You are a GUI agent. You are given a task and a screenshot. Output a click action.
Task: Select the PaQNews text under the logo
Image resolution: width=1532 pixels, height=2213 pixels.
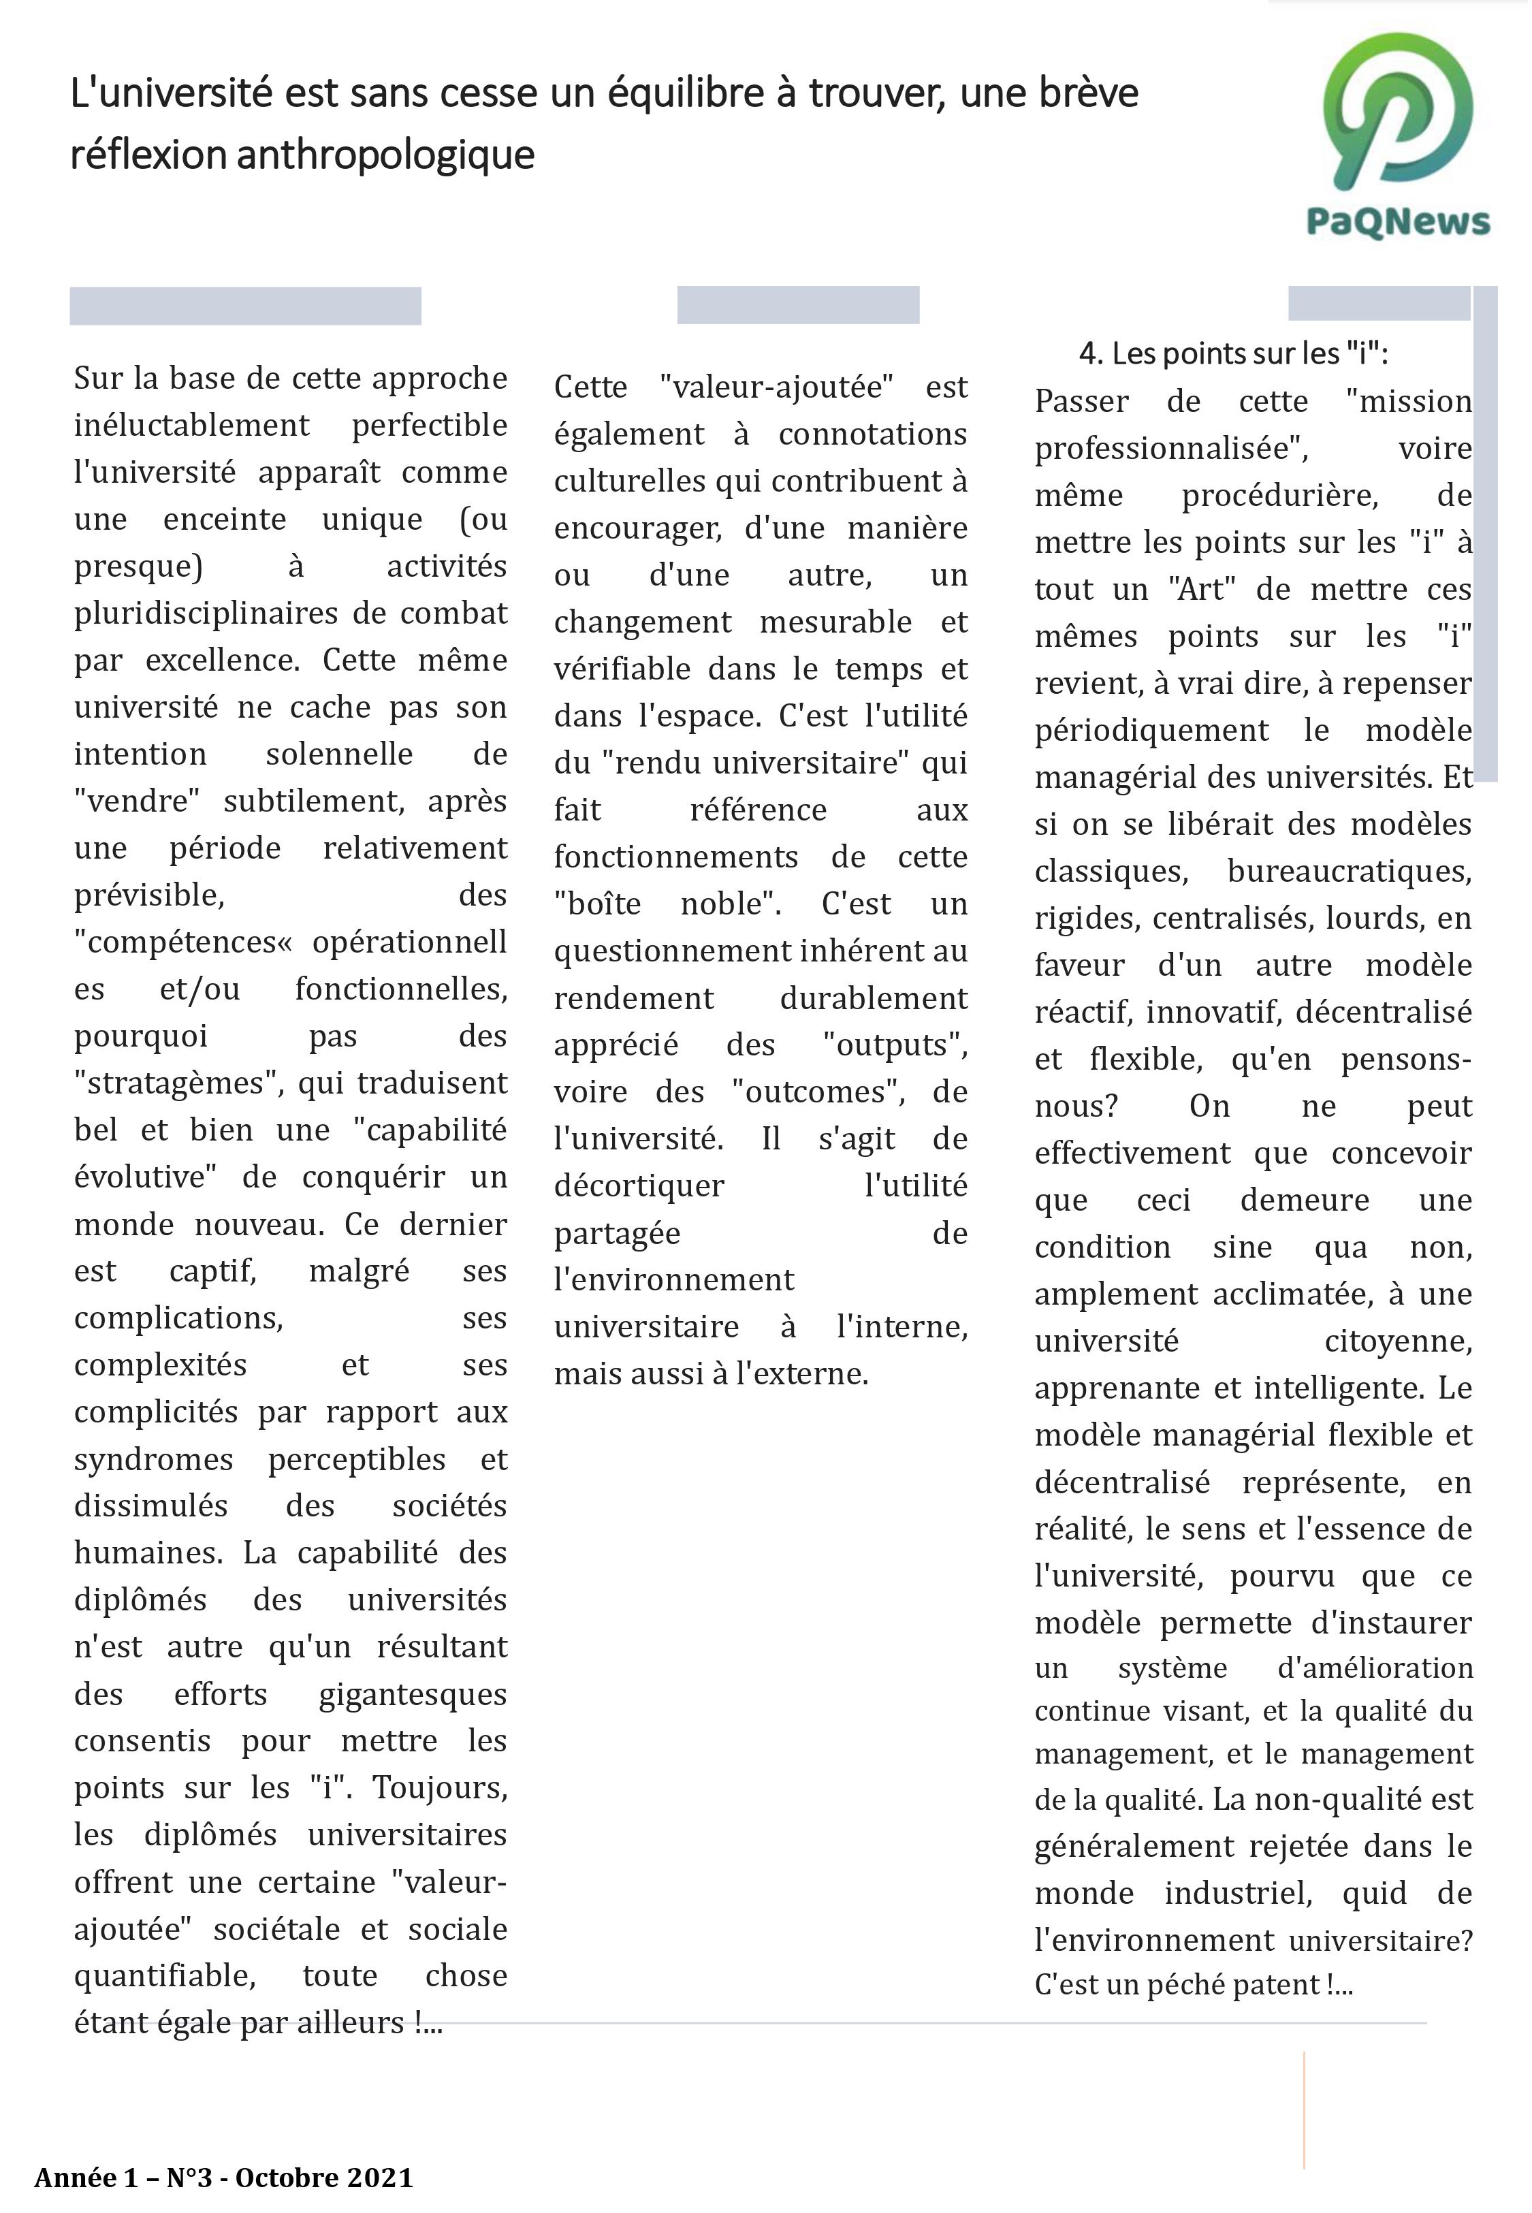(1398, 223)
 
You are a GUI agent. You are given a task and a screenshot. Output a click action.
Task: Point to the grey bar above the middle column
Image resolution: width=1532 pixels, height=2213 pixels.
(798, 305)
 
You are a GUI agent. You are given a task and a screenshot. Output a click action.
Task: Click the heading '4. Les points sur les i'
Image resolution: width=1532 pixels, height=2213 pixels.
(1234, 354)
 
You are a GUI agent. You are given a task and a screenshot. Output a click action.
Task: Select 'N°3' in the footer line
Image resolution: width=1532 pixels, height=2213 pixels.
(188, 2178)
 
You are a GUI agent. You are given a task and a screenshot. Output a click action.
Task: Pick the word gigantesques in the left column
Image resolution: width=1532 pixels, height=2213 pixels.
(412, 1695)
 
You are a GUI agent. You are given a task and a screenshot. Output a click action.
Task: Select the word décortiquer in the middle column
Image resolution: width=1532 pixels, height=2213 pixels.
(639, 1186)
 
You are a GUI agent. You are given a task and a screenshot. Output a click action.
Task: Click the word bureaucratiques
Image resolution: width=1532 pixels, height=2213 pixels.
(1349, 872)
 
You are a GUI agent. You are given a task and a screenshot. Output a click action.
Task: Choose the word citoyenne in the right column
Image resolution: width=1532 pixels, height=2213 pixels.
(1398, 1341)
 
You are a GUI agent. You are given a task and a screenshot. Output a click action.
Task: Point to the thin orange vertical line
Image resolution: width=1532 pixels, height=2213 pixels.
(1303, 2112)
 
